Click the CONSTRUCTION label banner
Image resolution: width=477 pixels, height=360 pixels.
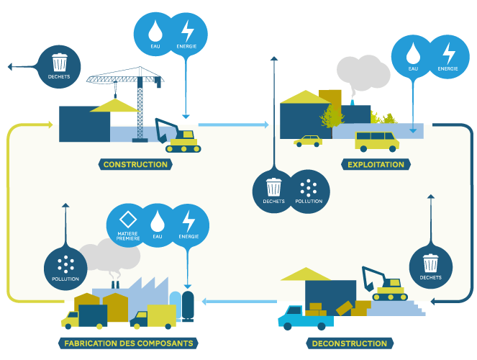click(135, 164)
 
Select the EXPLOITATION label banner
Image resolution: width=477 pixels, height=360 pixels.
click(376, 164)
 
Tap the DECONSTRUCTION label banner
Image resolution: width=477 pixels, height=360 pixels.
click(350, 343)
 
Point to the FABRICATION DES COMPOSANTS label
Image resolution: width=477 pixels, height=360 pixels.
click(127, 343)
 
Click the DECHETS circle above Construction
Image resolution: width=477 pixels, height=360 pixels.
click(59, 66)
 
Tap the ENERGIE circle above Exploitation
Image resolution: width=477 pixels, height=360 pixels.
click(448, 57)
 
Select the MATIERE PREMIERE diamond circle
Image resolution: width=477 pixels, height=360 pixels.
click(127, 225)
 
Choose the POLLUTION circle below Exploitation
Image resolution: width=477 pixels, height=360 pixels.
click(309, 192)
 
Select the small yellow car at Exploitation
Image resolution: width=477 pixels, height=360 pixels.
click(308, 140)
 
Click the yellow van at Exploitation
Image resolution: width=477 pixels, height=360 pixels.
click(377, 140)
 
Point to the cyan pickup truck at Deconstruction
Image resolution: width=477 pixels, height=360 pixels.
click(300, 316)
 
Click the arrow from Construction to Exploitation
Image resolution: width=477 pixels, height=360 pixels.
click(233, 125)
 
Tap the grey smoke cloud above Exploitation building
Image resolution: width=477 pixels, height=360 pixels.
click(363, 72)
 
